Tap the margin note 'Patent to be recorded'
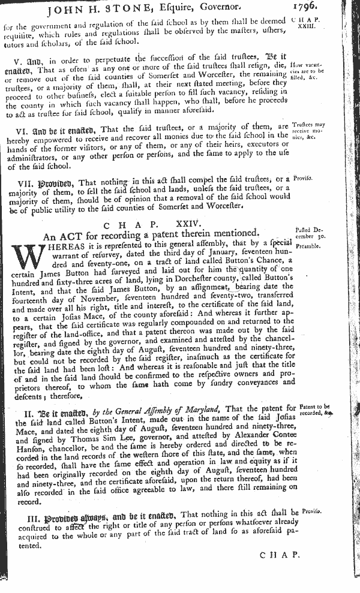(x=314, y=411)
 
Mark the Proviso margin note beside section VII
(x=304, y=179)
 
